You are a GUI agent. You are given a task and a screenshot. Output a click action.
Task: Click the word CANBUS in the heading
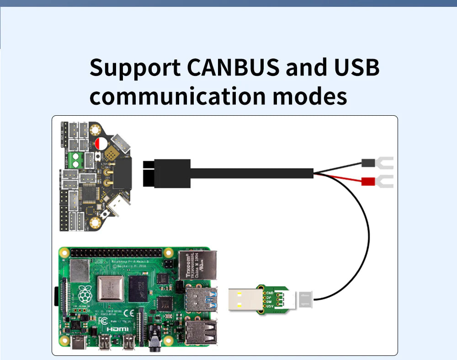pos(233,68)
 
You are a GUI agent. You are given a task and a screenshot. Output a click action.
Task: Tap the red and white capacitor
pos(101,144)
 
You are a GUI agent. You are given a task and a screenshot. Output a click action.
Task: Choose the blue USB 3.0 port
pos(199,300)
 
